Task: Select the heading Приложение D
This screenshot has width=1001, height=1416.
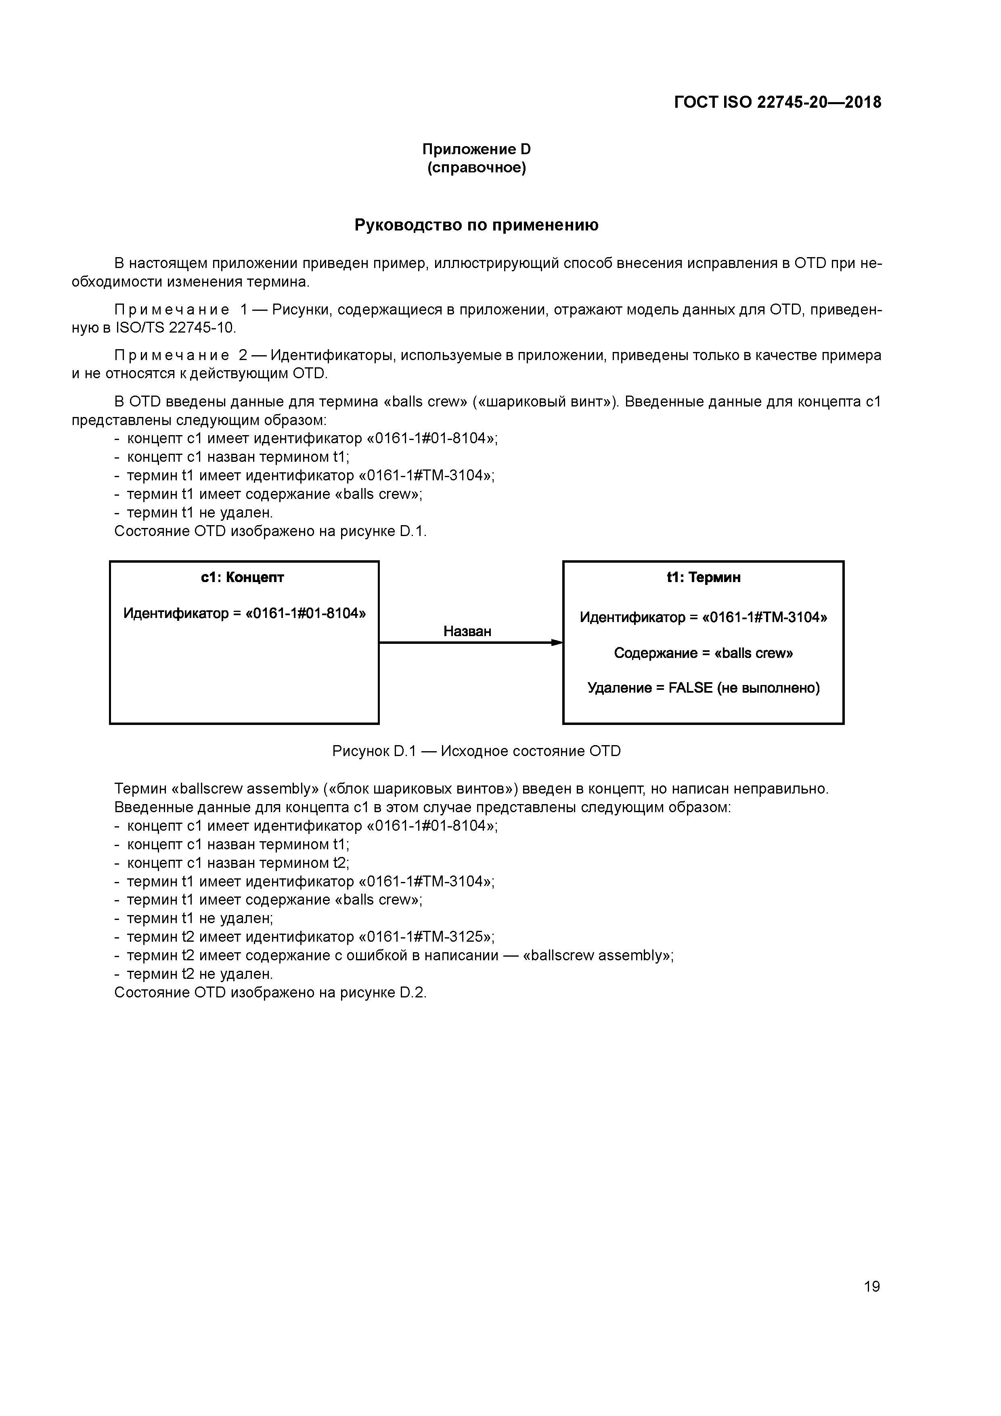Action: click(476, 149)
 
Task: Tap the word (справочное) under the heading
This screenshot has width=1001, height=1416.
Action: click(476, 168)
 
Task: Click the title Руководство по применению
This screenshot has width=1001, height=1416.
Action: click(476, 225)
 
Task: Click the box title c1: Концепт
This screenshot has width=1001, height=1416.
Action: click(243, 577)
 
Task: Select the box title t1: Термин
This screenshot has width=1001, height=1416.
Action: click(703, 577)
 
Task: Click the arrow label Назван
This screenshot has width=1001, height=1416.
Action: click(467, 631)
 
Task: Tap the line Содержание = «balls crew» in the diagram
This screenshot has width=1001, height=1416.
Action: click(703, 653)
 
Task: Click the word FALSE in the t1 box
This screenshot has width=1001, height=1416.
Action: click(690, 688)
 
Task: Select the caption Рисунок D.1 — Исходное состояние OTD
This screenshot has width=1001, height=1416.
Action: click(476, 751)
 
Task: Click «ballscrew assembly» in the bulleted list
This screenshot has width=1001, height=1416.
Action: click(597, 955)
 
